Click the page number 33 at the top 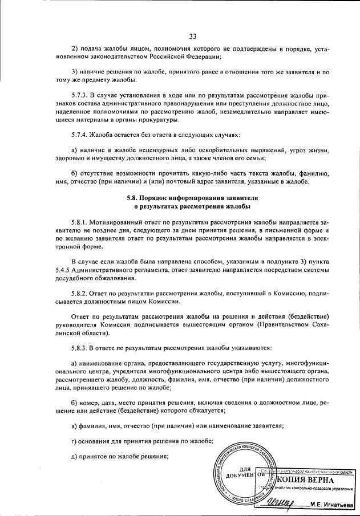pos(193,37)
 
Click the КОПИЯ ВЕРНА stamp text pos(312,480)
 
